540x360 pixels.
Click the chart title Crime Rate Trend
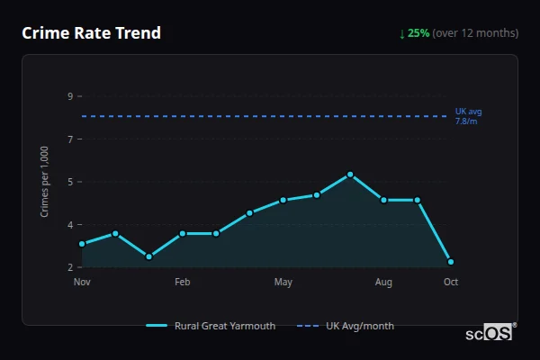tap(91, 33)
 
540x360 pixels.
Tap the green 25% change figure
tap(418, 33)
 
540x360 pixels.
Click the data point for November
tap(82, 244)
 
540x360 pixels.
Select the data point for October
tap(451, 262)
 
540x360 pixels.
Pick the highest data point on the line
tap(350, 175)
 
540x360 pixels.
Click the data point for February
tap(183, 233)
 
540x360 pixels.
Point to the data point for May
tap(283, 200)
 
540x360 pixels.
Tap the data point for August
tap(383, 200)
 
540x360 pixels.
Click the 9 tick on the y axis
tap(70, 95)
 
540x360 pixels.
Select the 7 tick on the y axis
tap(70, 139)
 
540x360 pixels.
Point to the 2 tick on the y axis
tap(70, 267)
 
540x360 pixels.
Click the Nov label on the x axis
tap(82, 283)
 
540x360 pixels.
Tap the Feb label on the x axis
tap(183, 283)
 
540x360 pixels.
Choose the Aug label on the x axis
tap(383, 283)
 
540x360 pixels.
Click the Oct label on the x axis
tap(451, 283)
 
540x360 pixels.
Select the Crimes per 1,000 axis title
tap(45, 182)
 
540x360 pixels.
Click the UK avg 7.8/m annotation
tap(468, 116)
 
